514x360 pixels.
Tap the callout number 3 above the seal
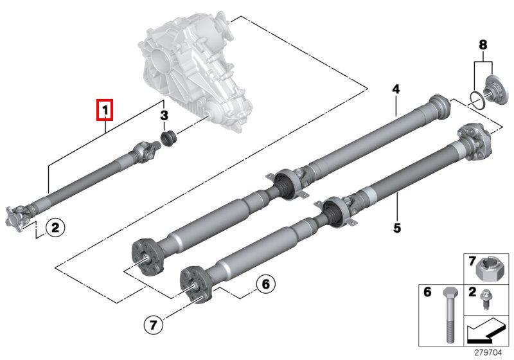164,116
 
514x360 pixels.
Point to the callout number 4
396,89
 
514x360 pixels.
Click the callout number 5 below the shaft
397,228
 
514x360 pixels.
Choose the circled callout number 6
265,283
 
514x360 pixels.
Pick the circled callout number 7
152,325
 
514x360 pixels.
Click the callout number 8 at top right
483,46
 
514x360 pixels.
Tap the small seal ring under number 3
168,138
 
